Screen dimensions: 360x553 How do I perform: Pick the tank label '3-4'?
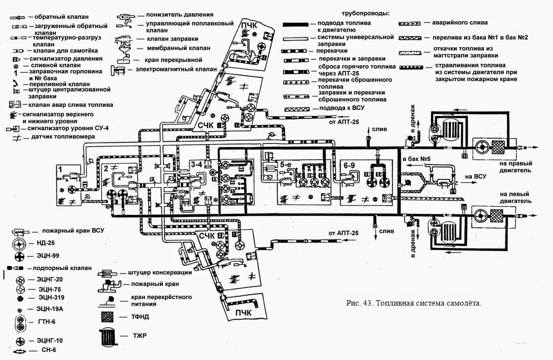coord(197,165)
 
